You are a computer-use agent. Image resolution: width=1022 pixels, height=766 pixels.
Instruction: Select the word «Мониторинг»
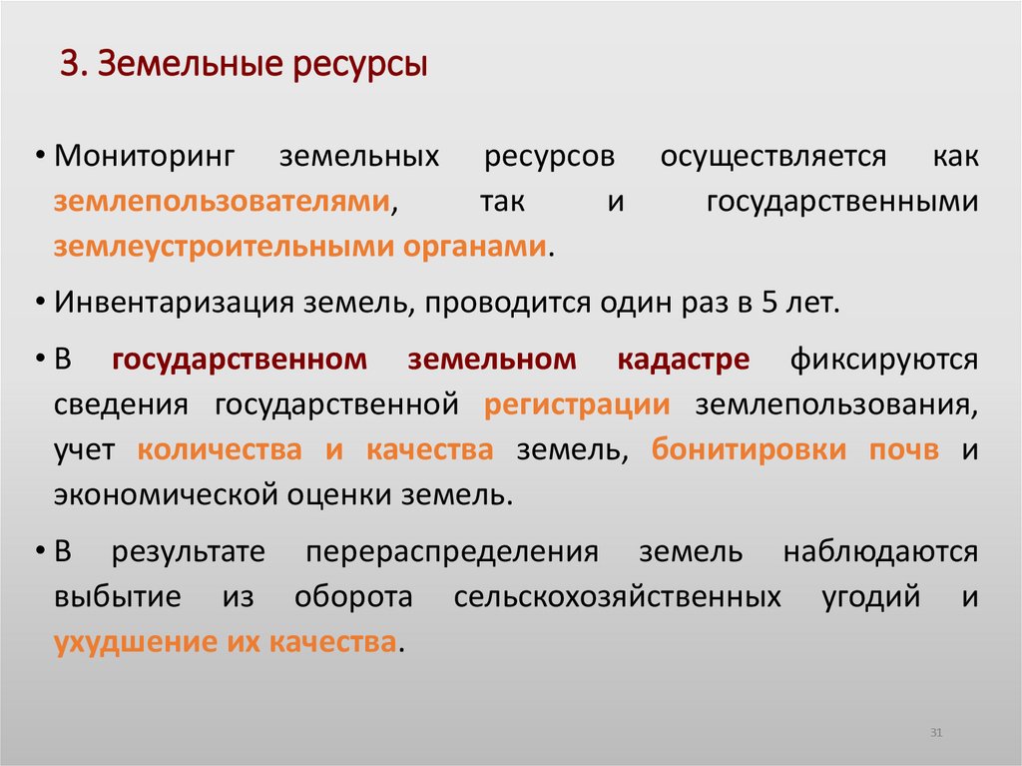click(x=144, y=157)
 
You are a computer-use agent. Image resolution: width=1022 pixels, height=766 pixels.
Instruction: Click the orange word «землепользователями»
click(x=222, y=202)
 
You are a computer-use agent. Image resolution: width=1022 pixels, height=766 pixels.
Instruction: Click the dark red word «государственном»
click(x=240, y=360)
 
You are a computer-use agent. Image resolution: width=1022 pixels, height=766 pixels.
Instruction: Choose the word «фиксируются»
click(x=884, y=360)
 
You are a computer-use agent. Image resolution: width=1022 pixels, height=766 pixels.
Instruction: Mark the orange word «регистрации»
click(x=577, y=404)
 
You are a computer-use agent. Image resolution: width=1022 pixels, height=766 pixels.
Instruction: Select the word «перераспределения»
click(x=452, y=551)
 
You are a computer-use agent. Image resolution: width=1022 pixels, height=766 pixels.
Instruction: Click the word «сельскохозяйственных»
click(x=617, y=596)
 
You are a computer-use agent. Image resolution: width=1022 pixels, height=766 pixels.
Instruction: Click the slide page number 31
click(x=936, y=734)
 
